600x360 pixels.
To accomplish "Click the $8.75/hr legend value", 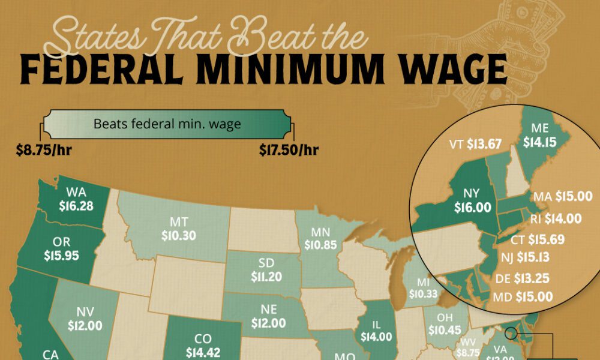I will pyautogui.click(x=43, y=150).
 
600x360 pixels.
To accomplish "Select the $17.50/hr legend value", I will pyautogui.click(x=289, y=150).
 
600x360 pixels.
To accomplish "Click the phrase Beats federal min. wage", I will pyautogui.click(x=167, y=125).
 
